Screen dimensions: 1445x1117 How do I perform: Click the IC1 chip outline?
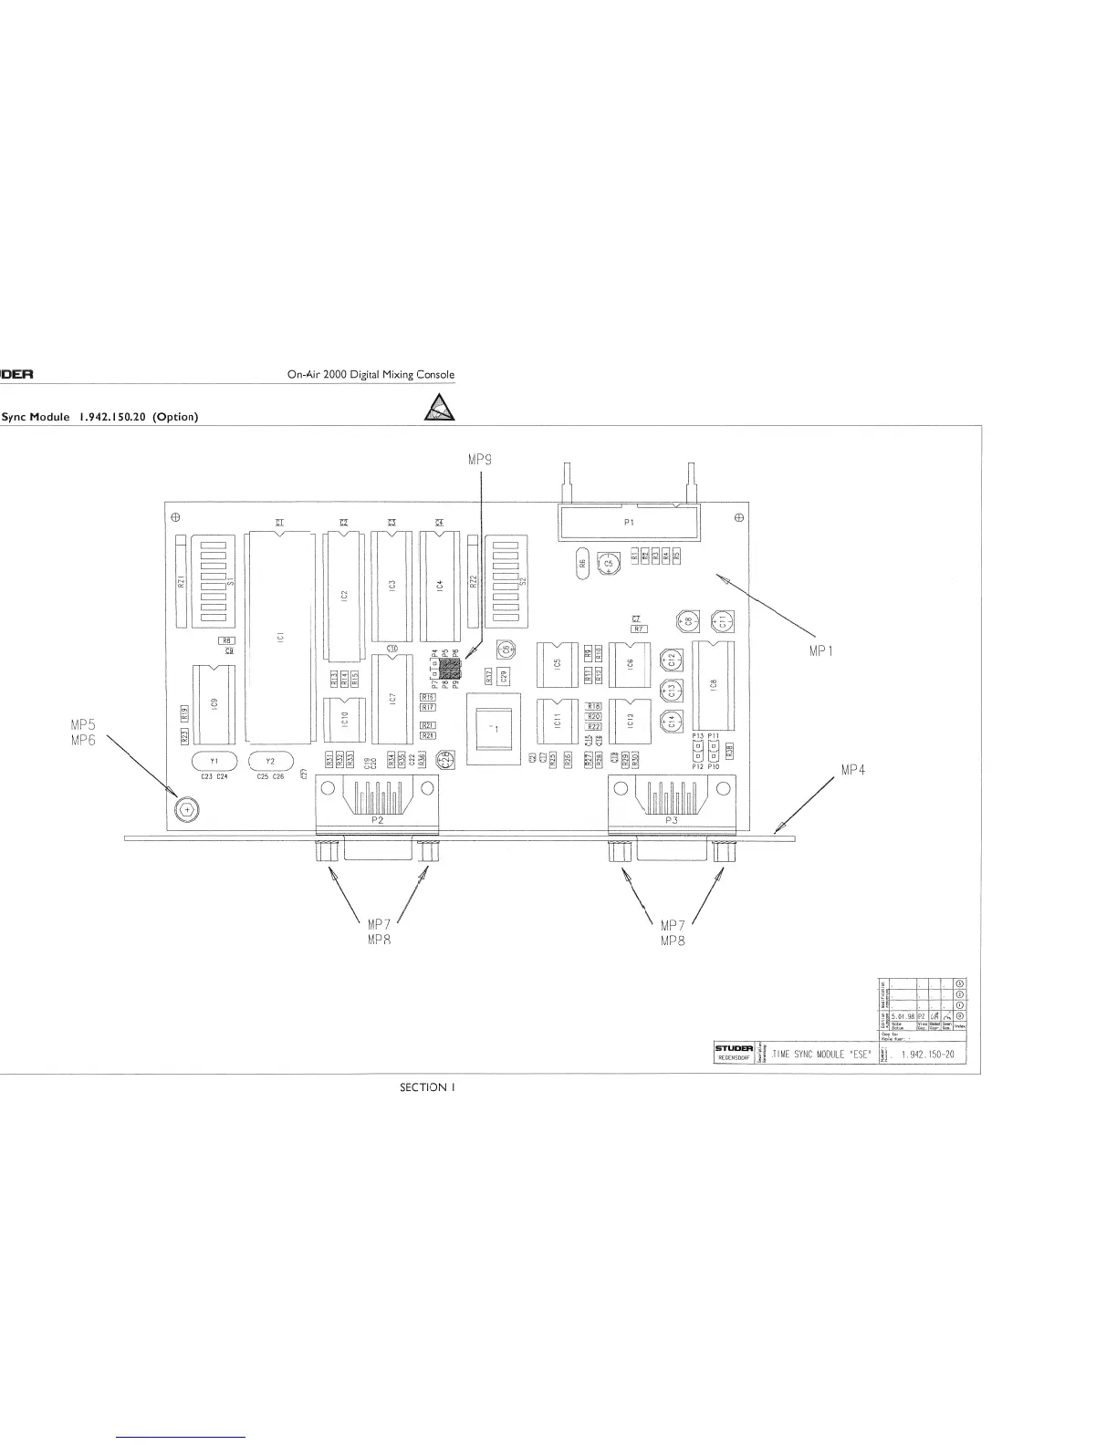[x=280, y=639]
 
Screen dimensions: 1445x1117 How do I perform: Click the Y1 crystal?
[x=214, y=761]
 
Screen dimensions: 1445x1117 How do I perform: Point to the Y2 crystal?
[x=270, y=761]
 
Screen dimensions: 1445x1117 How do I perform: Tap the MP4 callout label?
[x=852, y=770]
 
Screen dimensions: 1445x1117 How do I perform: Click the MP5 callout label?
[x=83, y=725]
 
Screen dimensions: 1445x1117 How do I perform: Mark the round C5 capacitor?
[x=608, y=565]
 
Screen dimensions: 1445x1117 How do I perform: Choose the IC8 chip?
[x=714, y=684]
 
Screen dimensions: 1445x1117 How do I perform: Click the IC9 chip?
[x=214, y=704]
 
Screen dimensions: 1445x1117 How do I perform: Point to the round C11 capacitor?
[x=722, y=623]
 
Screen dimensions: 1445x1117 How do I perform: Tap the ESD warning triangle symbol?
[x=440, y=408]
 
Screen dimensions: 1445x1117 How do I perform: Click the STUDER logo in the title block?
[x=733, y=1049]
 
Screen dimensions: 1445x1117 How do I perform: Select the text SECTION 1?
[x=427, y=1086]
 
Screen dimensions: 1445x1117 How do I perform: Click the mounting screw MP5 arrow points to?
[x=185, y=808]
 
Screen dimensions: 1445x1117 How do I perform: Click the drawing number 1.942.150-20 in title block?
[x=927, y=1055]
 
